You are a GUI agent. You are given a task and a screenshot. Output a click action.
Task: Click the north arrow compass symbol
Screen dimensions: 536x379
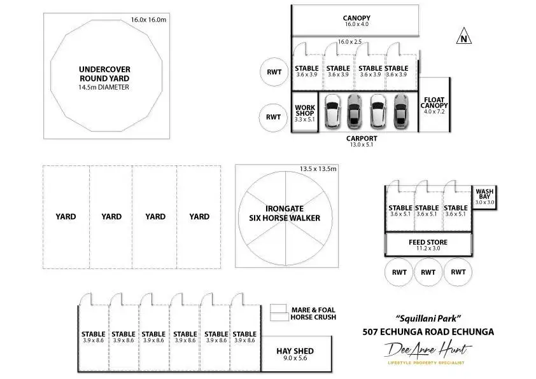(x=465, y=38)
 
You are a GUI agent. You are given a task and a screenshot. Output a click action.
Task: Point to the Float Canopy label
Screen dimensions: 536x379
(x=436, y=103)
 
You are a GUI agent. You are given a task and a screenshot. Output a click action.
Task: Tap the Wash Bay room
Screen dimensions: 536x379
(x=484, y=196)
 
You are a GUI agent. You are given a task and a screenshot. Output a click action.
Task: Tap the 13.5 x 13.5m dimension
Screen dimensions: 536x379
(x=318, y=169)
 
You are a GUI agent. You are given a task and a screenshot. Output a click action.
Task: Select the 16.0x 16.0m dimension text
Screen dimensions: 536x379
(x=148, y=20)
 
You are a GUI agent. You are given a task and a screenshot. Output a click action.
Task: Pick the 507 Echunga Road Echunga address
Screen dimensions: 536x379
(x=427, y=331)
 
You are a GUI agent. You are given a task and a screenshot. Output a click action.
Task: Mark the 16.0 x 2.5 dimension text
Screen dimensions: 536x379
(x=349, y=41)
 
